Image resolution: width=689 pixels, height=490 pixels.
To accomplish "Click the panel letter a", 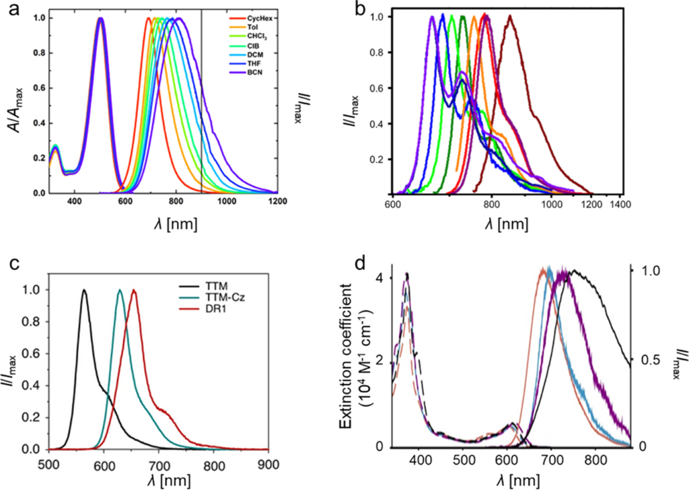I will pos(12,13).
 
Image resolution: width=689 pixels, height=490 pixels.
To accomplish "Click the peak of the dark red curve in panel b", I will pos(510,16).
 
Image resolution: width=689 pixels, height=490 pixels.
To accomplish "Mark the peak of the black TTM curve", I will pos(84,291).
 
